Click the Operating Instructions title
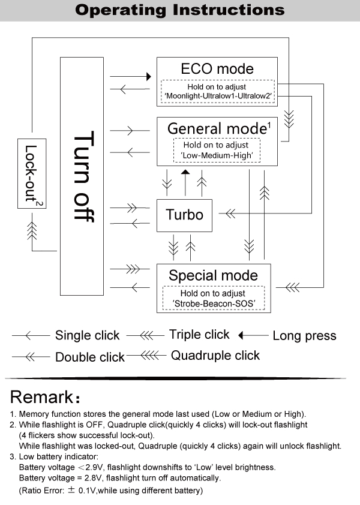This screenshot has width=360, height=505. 180,10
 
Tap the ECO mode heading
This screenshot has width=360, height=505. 217,68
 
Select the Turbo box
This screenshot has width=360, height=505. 184,215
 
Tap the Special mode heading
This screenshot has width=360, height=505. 213,276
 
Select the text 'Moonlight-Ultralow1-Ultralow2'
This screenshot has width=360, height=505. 217,95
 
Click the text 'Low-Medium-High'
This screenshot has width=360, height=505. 217,155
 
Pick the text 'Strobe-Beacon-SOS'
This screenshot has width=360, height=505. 214,304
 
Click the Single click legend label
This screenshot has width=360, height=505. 88,335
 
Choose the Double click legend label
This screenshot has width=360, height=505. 90,357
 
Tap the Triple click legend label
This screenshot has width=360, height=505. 199,335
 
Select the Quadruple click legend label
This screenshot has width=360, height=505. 215,356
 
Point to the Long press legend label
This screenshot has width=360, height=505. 304,336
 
